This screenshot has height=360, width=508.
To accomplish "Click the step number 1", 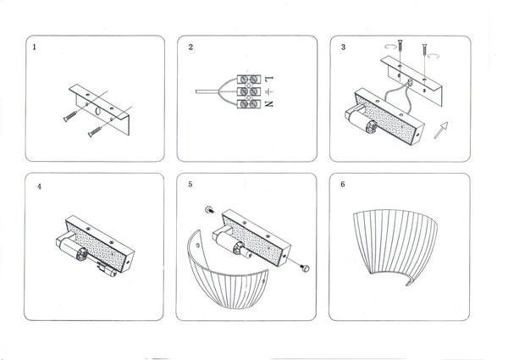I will (34, 47).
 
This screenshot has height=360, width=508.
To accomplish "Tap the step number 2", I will (191, 47).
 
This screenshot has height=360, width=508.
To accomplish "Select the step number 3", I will (342, 47).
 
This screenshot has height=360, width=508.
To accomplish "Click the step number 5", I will (191, 184).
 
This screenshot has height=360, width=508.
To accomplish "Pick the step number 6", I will (342, 184).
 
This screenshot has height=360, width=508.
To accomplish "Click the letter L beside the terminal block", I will (268, 79).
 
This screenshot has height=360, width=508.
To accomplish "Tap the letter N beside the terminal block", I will (268, 104).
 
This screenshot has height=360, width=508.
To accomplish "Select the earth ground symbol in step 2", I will (268, 91).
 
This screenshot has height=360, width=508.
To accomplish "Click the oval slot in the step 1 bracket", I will (97, 111).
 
